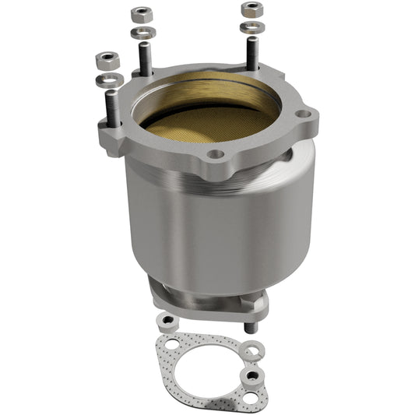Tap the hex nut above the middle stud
141,14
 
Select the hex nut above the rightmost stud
251,9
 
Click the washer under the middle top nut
141,33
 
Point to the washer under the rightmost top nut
251,27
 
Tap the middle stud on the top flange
145,58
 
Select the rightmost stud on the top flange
253,53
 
